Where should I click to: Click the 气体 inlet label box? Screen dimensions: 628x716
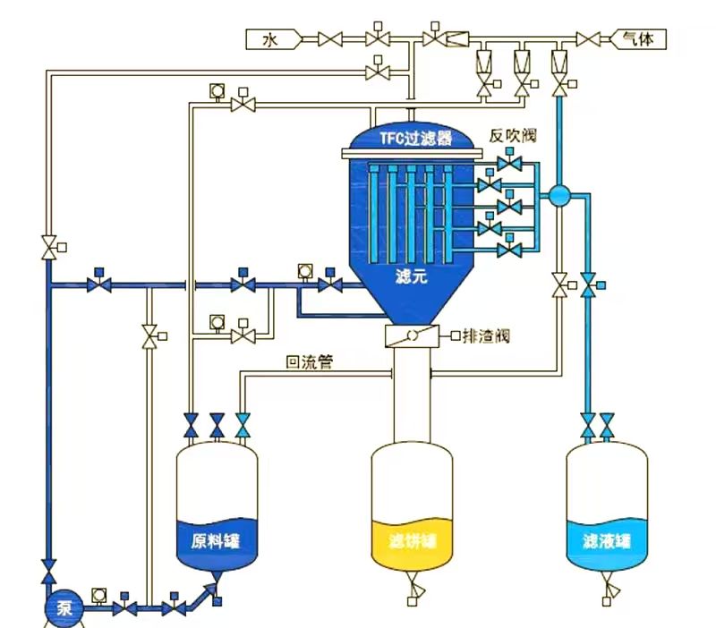(x=636, y=38)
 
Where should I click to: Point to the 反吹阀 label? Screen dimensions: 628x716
(x=512, y=135)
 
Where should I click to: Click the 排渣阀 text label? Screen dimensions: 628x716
(x=490, y=336)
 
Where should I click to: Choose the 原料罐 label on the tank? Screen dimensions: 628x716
(x=217, y=541)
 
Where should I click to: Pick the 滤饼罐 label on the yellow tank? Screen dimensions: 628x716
(x=412, y=541)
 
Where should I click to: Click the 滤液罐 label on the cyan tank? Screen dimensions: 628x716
(x=607, y=541)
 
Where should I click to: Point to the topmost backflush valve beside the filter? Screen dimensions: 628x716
(x=511, y=165)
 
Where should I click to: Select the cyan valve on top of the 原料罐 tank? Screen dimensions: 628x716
(x=243, y=424)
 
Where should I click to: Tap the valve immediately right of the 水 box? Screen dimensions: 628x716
(x=331, y=38)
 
